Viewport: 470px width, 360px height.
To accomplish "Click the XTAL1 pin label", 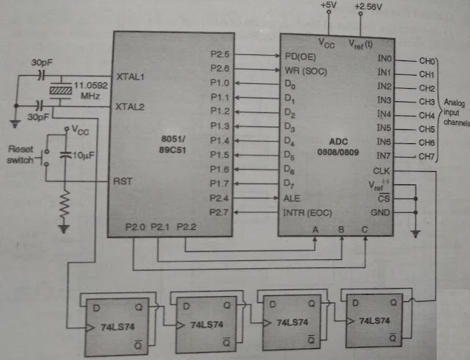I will point(131,76).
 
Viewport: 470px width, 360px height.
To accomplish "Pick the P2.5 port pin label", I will point(220,54).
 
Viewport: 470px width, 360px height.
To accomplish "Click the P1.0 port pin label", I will point(220,83).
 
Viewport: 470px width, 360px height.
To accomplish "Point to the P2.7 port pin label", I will point(220,212).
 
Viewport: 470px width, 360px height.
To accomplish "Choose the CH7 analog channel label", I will point(427,156).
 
